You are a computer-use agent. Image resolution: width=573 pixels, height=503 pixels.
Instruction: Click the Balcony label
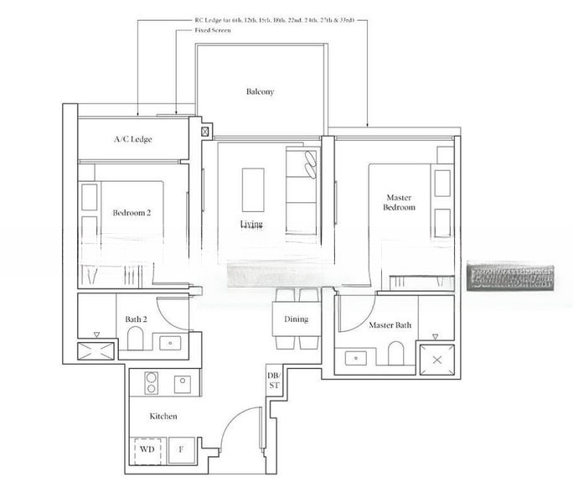click(x=260, y=91)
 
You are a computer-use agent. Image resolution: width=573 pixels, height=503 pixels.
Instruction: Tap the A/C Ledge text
click(x=133, y=139)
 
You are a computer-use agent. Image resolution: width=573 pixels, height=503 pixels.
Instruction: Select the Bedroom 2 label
click(x=132, y=213)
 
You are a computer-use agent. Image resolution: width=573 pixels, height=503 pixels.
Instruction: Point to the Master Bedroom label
click(x=400, y=202)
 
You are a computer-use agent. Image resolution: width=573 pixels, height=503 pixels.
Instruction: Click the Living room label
click(x=251, y=225)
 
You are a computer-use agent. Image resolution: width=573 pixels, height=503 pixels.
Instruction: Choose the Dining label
click(x=296, y=319)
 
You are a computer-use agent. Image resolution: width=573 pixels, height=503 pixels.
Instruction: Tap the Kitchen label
click(x=163, y=416)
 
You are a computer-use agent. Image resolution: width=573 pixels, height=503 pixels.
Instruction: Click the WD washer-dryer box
click(x=147, y=449)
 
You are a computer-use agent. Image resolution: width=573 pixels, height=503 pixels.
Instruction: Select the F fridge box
click(x=182, y=449)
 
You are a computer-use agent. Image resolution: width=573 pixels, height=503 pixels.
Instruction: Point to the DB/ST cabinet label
click(x=272, y=381)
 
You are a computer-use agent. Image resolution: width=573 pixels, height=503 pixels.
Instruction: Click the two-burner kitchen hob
click(x=152, y=382)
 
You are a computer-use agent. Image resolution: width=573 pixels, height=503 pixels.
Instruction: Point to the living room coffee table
click(x=253, y=189)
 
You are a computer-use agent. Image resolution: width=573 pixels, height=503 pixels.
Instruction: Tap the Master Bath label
click(x=390, y=324)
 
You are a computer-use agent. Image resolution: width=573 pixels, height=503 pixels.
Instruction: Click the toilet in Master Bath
click(x=395, y=356)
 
